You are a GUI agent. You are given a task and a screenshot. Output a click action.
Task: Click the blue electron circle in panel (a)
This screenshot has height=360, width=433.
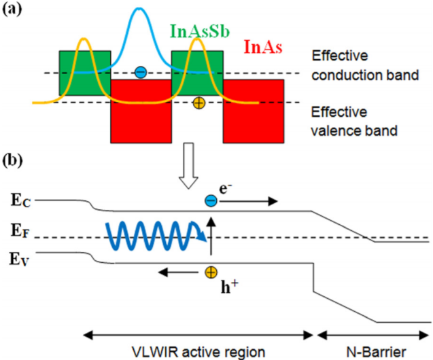140,71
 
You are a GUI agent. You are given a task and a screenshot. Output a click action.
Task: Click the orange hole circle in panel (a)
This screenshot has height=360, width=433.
198,103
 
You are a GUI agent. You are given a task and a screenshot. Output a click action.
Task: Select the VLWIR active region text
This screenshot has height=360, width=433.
196,350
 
